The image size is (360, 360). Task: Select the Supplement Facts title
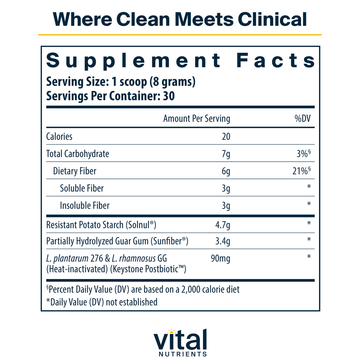(x=181, y=60)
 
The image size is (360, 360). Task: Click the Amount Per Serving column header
(x=197, y=119)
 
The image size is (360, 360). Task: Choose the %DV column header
(x=302, y=119)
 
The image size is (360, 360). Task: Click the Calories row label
(x=59, y=136)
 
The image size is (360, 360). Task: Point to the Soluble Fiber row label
(x=82, y=188)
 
